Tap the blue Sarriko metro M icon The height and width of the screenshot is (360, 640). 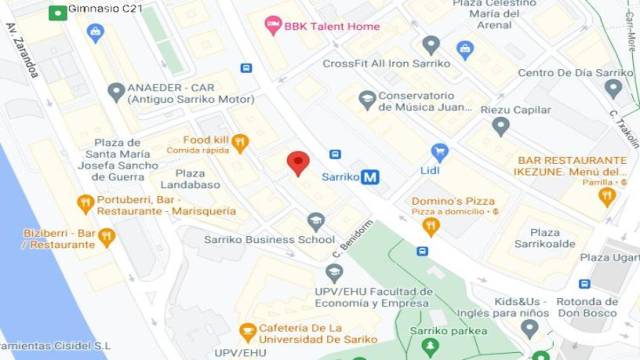pyautogui.click(x=370, y=177)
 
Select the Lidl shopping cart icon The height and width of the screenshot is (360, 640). pyautogui.click(x=438, y=152)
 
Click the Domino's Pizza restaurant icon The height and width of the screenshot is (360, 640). pyautogui.click(x=431, y=226)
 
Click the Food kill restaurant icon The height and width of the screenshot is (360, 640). pyautogui.click(x=240, y=143)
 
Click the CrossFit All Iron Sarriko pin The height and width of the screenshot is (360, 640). pyautogui.click(x=431, y=45)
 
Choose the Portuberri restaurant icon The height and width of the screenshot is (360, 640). pyautogui.click(x=85, y=203)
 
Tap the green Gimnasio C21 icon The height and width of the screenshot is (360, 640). pyautogui.click(x=59, y=12)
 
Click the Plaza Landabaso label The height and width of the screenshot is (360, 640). pyautogui.click(x=183, y=178)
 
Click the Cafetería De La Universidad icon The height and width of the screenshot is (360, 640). pyautogui.click(x=248, y=332)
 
